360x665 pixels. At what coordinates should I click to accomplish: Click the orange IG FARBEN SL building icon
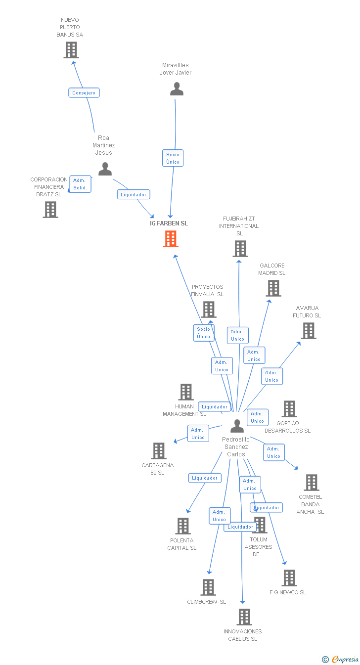[x=170, y=239]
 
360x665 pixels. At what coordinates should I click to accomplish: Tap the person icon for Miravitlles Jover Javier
[x=177, y=89]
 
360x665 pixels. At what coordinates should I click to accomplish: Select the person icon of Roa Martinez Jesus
[x=105, y=169]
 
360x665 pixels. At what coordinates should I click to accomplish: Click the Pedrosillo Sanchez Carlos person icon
[x=237, y=426]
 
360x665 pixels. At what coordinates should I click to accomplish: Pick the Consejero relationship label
[x=84, y=92]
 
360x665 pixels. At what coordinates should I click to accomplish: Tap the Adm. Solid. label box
[x=80, y=184]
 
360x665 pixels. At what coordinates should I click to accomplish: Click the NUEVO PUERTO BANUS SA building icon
[x=71, y=50]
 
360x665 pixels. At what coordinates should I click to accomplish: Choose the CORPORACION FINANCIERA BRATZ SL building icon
[x=50, y=210]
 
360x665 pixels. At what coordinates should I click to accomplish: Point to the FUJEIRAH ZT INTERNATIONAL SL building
[x=240, y=249]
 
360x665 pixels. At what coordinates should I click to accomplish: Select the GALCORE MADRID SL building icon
[x=273, y=288]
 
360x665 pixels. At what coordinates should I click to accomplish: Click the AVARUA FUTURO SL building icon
[x=309, y=330]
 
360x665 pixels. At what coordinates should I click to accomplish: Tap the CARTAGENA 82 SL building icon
[x=159, y=451]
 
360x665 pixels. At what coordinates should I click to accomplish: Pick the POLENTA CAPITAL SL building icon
[x=183, y=526]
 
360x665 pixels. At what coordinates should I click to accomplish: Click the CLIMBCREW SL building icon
[x=208, y=587]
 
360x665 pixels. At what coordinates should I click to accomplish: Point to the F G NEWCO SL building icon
[x=289, y=577]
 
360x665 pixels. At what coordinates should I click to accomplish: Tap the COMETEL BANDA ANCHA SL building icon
[x=311, y=482]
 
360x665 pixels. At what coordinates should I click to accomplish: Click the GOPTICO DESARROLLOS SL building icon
[x=289, y=409]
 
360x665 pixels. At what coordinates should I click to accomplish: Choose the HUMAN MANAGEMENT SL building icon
[x=186, y=392]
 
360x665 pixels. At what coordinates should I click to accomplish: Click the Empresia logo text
[x=345, y=659]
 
